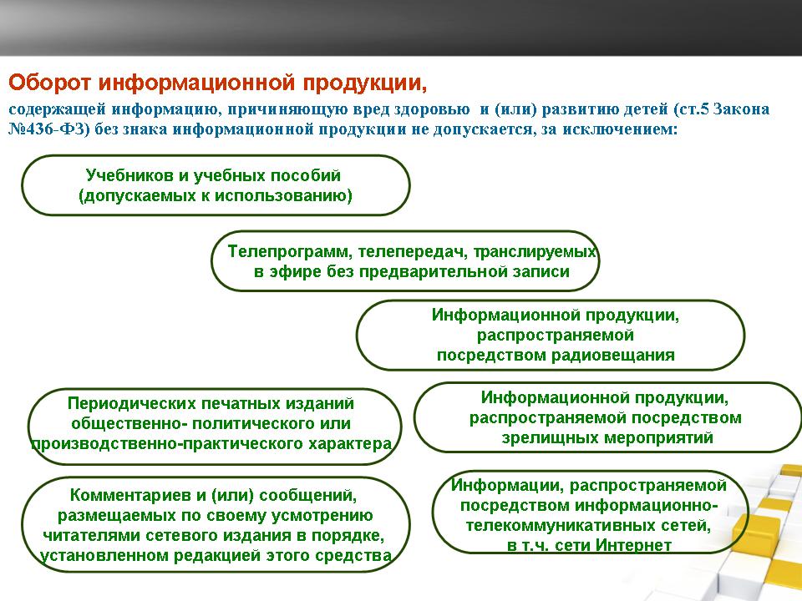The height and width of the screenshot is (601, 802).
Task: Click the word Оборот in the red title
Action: [x=50, y=83]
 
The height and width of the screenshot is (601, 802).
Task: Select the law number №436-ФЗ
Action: [x=49, y=129]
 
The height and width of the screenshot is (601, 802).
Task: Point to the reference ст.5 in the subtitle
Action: [x=691, y=109]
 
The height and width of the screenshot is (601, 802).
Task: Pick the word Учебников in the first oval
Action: [x=129, y=175]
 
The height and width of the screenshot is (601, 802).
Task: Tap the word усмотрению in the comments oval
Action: [x=321, y=516]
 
